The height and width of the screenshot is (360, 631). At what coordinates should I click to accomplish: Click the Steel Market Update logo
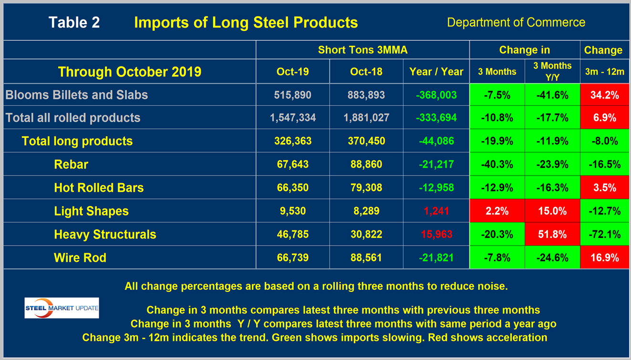click(x=62, y=308)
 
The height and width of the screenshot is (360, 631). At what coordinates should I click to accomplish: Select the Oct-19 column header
click(x=292, y=72)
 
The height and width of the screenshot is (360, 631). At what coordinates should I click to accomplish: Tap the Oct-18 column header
click(x=366, y=72)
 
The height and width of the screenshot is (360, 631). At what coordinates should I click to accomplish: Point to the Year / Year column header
click(x=436, y=72)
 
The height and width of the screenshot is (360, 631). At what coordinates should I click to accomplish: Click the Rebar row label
click(x=71, y=165)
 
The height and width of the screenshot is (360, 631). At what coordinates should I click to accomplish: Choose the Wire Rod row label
click(x=80, y=258)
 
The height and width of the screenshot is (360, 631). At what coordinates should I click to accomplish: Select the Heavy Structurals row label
click(x=105, y=235)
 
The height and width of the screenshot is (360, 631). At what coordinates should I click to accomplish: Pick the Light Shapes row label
click(x=91, y=211)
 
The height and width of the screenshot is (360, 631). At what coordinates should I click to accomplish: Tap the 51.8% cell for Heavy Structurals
click(x=552, y=235)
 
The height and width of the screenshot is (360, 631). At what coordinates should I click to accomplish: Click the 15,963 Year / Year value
click(x=436, y=235)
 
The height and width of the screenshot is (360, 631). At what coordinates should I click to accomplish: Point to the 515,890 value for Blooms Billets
click(x=292, y=95)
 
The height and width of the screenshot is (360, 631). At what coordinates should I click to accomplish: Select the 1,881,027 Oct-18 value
click(x=366, y=118)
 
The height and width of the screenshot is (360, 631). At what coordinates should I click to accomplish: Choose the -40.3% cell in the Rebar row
click(x=497, y=165)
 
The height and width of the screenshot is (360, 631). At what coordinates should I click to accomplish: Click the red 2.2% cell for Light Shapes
click(x=497, y=211)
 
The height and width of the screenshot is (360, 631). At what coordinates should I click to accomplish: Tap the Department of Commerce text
click(x=516, y=22)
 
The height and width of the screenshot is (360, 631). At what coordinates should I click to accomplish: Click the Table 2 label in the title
click(x=74, y=22)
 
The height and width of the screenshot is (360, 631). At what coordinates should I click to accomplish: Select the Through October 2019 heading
click(x=129, y=72)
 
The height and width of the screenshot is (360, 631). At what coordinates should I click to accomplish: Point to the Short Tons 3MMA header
click(x=362, y=50)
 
